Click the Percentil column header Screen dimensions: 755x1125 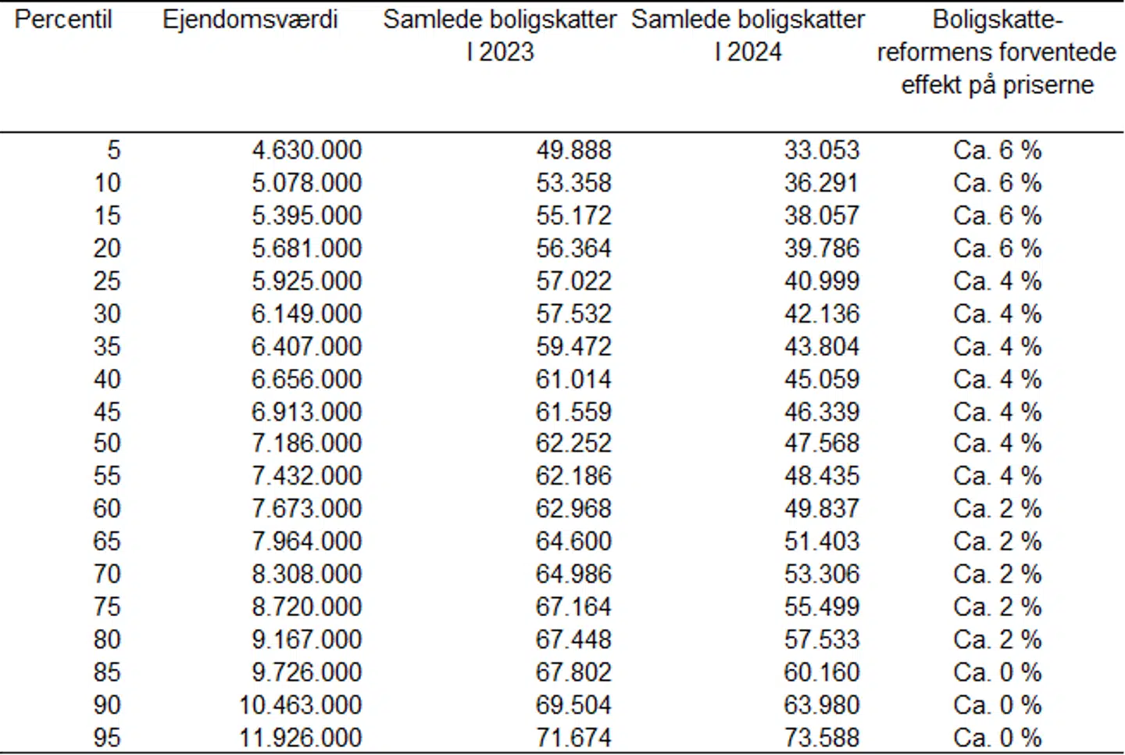[63, 20]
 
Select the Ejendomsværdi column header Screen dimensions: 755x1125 [250, 20]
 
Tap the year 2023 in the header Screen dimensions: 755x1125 [506, 52]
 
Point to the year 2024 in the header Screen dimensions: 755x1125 [755, 52]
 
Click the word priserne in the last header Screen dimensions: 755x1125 [1048, 84]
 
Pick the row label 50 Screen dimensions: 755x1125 [107, 443]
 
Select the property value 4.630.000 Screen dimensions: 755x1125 [306, 150]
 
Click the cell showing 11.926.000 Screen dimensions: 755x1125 [300, 737]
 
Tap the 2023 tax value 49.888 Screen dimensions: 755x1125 [573, 150]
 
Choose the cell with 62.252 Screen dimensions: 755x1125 [573, 443]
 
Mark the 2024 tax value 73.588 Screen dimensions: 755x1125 [822, 737]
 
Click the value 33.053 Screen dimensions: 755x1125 [822, 150]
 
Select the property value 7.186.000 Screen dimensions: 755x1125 [306, 443]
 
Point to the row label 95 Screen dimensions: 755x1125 [107, 737]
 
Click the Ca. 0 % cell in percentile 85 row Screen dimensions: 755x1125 [998, 672]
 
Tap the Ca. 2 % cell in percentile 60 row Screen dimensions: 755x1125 [998, 509]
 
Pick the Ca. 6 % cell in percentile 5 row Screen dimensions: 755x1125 [998, 150]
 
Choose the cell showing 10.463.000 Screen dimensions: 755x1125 [300, 705]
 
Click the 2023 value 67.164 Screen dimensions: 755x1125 [573, 607]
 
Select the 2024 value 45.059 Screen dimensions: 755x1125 [822, 379]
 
